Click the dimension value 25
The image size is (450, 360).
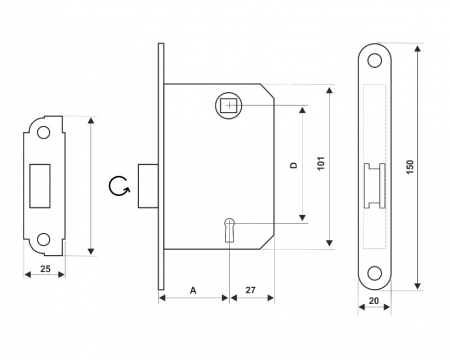(45, 268)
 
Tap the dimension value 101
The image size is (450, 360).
(321, 163)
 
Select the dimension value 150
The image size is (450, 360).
(410, 167)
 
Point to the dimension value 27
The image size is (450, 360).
(251, 290)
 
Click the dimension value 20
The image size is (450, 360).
(374, 301)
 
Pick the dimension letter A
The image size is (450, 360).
(193, 290)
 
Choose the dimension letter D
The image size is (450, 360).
(294, 165)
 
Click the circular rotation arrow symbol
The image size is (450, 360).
(119, 186)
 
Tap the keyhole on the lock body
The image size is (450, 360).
(229, 229)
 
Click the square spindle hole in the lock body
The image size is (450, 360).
(229, 105)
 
